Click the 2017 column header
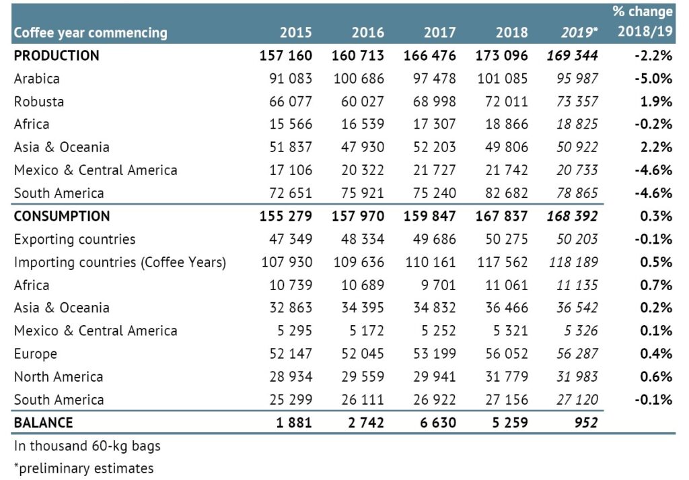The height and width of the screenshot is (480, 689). [x=439, y=32]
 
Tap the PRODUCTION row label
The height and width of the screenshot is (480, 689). [x=57, y=55]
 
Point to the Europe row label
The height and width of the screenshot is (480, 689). [x=35, y=353]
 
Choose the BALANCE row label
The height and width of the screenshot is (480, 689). [x=43, y=423]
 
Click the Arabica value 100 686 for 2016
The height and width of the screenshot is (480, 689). [x=359, y=78]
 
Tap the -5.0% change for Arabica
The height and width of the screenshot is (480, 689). [x=653, y=78]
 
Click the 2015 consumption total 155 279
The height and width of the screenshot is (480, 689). [x=285, y=216]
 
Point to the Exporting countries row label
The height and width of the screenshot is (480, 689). [x=74, y=239]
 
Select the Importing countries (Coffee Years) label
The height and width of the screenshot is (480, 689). [x=120, y=262]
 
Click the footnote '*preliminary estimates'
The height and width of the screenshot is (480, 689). [x=83, y=468]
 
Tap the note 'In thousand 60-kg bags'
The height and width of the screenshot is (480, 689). [x=87, y=446]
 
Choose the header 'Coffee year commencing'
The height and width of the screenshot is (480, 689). [x=90, y=32]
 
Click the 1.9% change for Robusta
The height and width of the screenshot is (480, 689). [x=657, y=101]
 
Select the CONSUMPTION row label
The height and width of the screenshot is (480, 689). [x=61, y=216]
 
